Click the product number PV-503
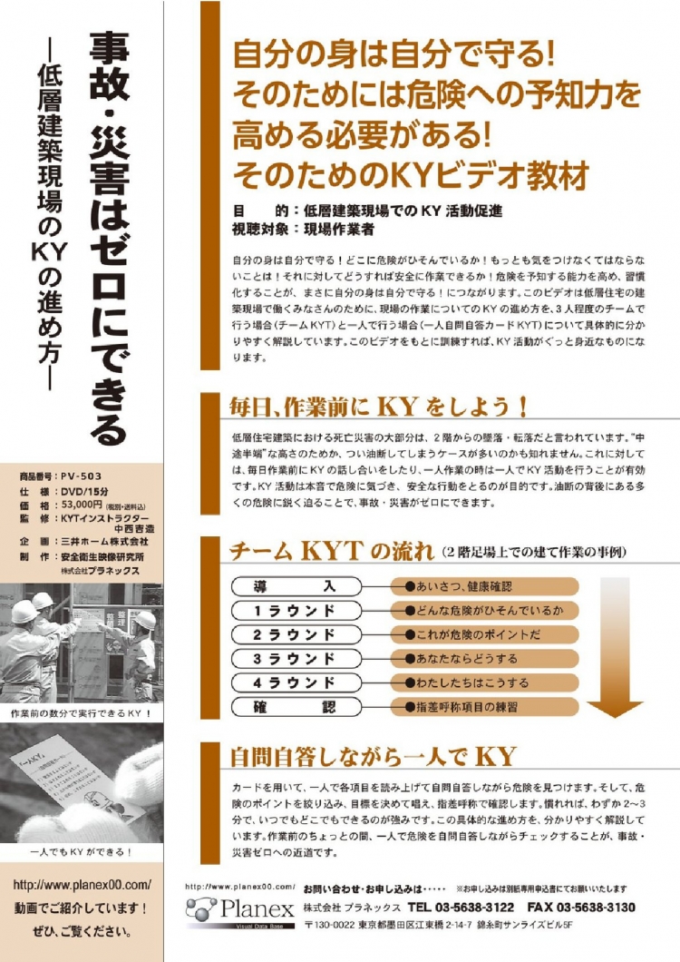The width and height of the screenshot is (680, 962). pyautogui.click(x=81, y=476)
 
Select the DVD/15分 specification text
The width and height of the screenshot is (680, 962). pyautogui.click(x=84, y=491)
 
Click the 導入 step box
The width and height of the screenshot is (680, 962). pyautogui.click(x=296, y=586)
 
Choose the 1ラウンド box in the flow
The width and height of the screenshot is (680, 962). pyautogui.click(x=296, y=611)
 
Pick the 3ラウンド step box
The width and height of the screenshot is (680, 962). pyautogui.click(x=296, y=659)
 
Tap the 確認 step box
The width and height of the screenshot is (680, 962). pyautogui.click(x=296, y=707)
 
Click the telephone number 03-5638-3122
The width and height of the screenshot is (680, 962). pyautogui.click(x=474, y=908)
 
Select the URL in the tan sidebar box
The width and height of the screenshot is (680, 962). pyautogui.click(x=82, y=885)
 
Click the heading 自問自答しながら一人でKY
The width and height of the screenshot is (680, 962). pyautogui.click(x=373, y=757)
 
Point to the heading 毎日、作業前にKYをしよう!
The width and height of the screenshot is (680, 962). pyautogui.click(x=379, y=407)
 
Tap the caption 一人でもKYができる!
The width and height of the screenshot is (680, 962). pyautogui.click(x=81, y=851)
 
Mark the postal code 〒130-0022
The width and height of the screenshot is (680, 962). pyautogui.click(x=329, y=925)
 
